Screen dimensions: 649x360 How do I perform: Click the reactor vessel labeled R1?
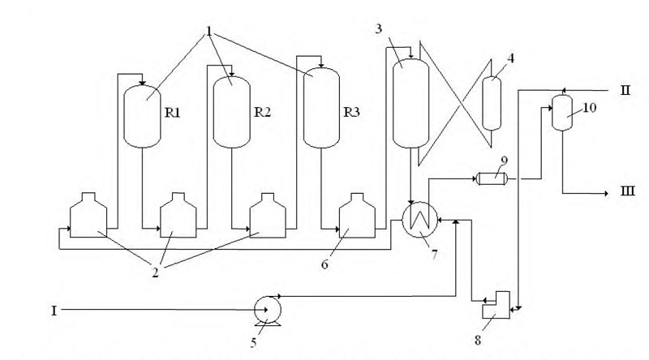[x=142, y=117]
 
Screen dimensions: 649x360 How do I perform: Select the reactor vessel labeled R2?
[x=231, y=112]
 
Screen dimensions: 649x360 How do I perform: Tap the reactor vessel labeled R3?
[x=321, y=108]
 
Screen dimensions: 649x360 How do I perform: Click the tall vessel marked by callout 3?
[x=410, y=103]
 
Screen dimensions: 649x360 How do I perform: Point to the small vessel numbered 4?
[x=492, y=104]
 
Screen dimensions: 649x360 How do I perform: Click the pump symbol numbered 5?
[x=268, y=311]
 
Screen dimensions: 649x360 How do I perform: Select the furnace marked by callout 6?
[x=357, y=215]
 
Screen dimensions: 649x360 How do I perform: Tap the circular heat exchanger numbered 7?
[x=419, y=220]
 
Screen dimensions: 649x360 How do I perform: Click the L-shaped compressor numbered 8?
[x=496, y=305]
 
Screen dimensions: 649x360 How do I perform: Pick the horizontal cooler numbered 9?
[x=492, y=178]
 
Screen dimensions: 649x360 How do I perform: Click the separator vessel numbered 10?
[x=562, y=113]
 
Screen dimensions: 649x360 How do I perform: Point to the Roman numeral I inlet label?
[x=54, y=311]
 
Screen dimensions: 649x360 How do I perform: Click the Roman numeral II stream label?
[x=625, y=90]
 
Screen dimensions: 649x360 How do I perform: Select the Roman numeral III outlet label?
[x=627, y=191]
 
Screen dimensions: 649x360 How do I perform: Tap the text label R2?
[x=262, y=112]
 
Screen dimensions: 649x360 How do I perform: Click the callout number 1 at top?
[x=209, y=32]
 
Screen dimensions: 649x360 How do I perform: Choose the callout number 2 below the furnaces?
[x=156, y=272]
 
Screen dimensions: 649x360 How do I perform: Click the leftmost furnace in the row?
[x=88, y=215]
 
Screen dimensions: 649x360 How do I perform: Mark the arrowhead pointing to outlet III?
[x=605, y=193]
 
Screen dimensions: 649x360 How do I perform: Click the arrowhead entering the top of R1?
[x=142, y=84]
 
